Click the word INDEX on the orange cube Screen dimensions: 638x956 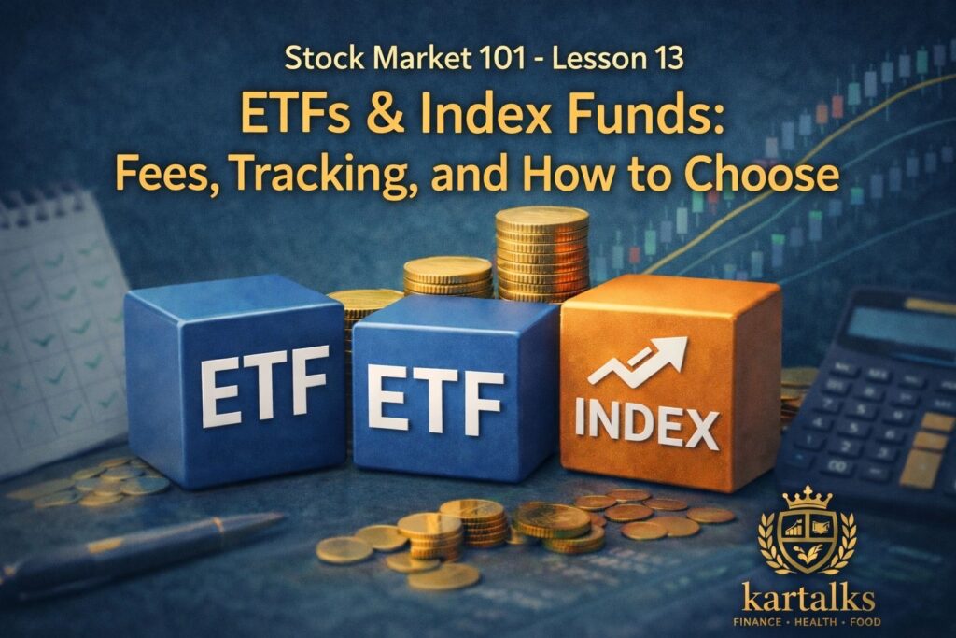646,426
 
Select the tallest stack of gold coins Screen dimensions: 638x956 541,252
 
